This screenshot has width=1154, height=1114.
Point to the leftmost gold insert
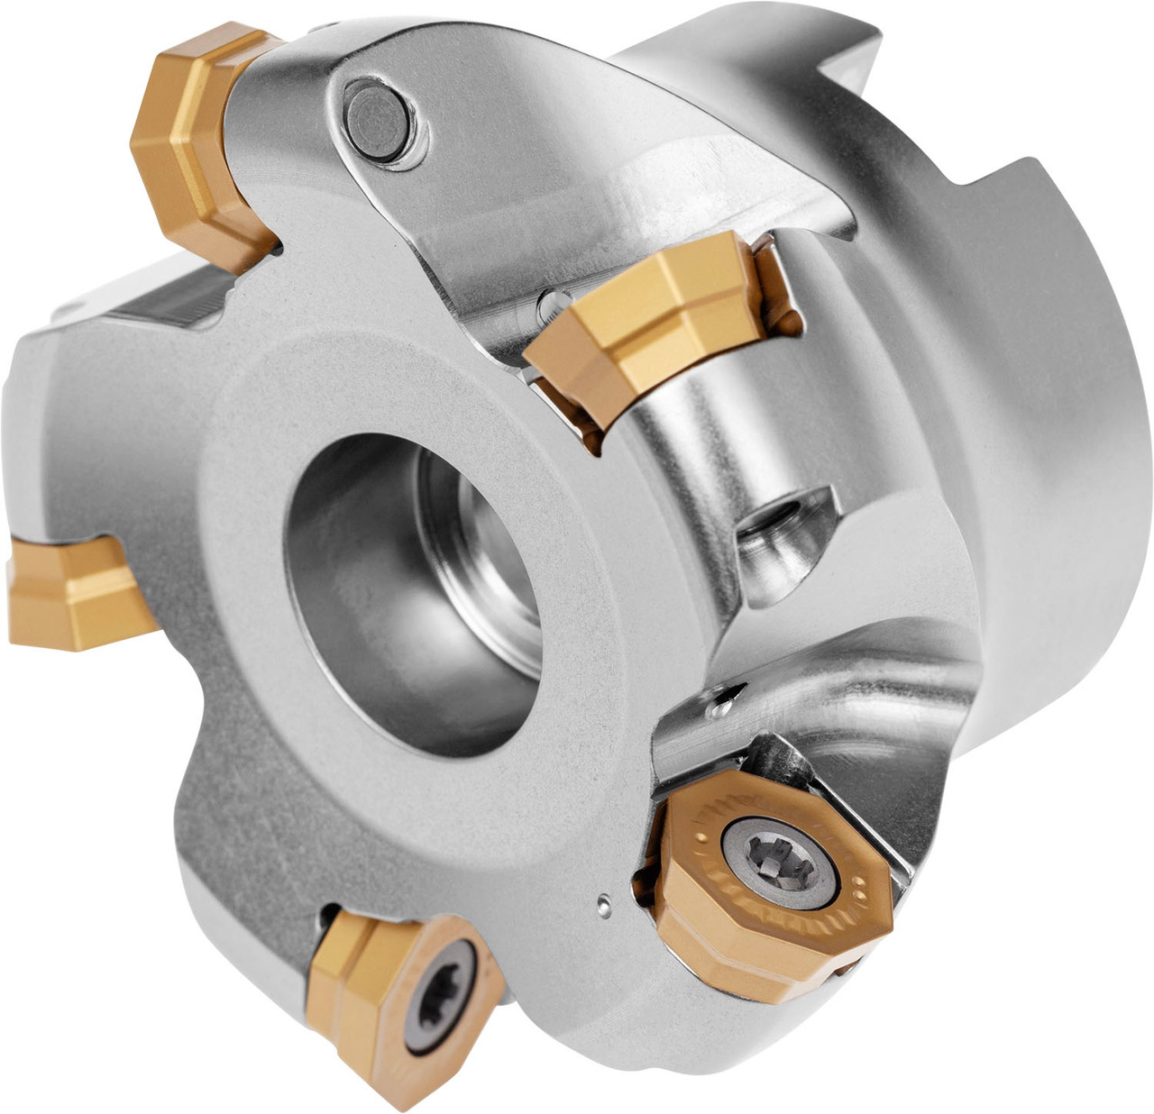77,590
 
